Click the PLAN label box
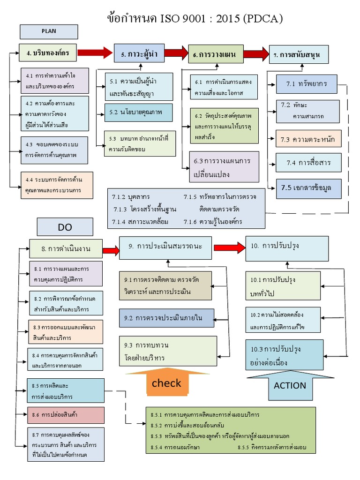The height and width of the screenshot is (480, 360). tap(49, 31)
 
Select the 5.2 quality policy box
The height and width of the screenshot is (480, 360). tap(138, 112)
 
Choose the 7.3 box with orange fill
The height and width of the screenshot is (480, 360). tap(308, 139)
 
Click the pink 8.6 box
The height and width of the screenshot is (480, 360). tap(65, 415)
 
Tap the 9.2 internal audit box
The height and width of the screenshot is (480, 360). tap(166, 318)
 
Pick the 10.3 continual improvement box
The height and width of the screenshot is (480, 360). tap(285, 356)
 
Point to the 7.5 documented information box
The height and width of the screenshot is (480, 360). tap(308, 187)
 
